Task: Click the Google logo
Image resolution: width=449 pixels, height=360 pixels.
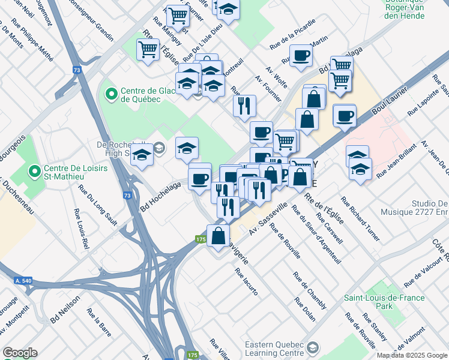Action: [x=20, y=353]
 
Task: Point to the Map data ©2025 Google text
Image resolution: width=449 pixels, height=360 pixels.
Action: [x=411, y=355]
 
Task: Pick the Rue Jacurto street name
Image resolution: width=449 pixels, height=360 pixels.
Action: [x=247, y=281]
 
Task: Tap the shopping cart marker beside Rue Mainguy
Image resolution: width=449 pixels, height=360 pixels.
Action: [x=148, y=50]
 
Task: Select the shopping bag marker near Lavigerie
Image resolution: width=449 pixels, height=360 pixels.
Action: [x=218, y=236]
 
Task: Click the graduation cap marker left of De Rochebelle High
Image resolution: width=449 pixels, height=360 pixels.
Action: [x=142, y=156]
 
